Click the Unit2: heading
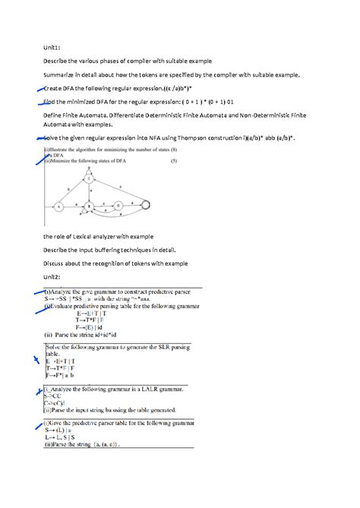coord(52,277)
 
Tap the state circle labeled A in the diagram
coord(58,206)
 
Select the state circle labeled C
coord(89,179)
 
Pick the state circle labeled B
coord(89,206)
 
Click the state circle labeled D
coord(118,206)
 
